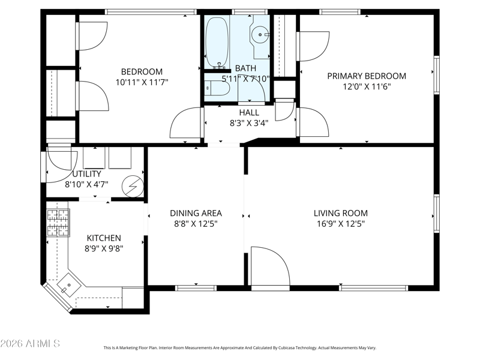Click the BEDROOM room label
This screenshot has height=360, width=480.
(142, 71)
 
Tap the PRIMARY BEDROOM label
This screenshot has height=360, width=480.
(367, 76)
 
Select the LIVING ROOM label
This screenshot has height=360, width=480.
(341, 213)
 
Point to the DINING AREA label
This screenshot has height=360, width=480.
(196, 213)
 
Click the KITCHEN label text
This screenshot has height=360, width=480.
(104, 238)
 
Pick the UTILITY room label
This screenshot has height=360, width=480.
(86, 174)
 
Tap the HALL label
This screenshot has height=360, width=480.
(249, 112)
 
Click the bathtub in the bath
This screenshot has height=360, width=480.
(217, 42)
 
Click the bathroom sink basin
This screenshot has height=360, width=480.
(260, 34)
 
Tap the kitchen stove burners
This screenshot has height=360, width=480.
(58, 223)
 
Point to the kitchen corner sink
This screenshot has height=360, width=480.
(69, 286)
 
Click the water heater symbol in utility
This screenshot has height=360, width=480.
(133, 186)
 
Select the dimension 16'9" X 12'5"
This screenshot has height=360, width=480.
(341, 224)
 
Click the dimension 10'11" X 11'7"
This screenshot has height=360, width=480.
(142, 82)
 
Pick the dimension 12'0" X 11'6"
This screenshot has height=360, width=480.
(367, 86)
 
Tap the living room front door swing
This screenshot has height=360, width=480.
(271, 266)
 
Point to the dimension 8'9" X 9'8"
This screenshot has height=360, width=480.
(104, 248)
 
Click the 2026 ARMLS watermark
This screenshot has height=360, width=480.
(30, 343)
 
